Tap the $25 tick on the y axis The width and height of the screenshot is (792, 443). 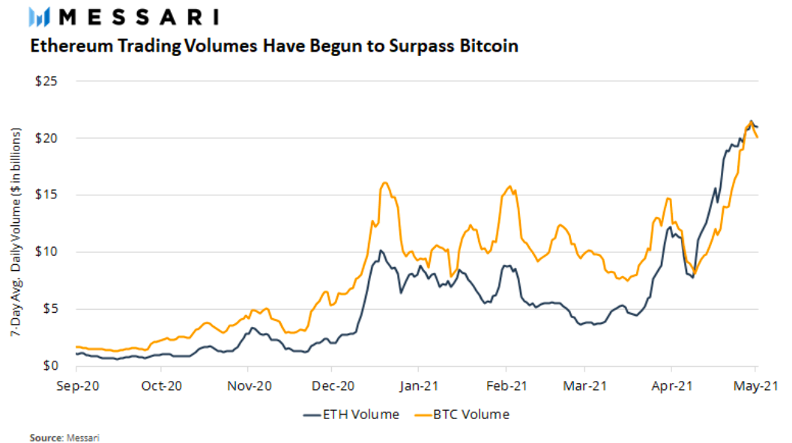coord(46,81)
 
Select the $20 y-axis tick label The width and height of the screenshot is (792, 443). coord(46,138)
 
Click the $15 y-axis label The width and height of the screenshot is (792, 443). coord(46,195)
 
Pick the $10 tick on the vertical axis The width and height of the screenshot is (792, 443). coord(46,251)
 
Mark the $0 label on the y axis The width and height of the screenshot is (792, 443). coord(49,366)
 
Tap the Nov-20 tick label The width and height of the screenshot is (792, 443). coord(248,386)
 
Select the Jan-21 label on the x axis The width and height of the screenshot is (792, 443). coord(418,386)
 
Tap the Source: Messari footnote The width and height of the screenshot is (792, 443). coord(64,436)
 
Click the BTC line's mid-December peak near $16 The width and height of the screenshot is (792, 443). coord(385,183)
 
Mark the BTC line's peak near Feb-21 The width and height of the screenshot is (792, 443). coord(510,186)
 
